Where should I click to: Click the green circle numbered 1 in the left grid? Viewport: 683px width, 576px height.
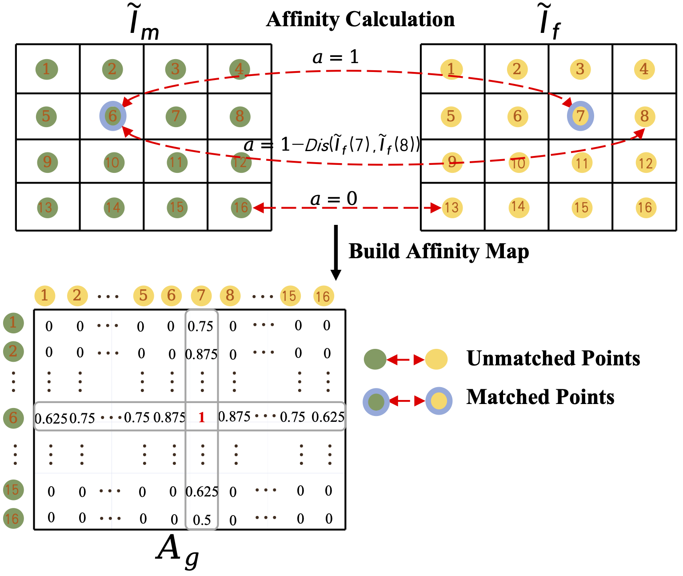click(46, 69)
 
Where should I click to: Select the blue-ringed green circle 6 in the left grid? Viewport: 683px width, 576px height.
click(113, 116)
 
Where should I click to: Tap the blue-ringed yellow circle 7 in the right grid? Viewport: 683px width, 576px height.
click(580, 116)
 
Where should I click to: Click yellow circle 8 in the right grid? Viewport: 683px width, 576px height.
click(644, 116)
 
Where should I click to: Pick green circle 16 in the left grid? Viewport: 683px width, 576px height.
click(241, 208)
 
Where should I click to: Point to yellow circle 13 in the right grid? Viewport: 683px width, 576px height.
click(451, 208)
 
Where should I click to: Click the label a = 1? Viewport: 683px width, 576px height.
click(336, 57)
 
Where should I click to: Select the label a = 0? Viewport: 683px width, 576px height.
click(333, 199)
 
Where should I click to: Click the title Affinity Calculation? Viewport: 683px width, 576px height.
click(360, 20)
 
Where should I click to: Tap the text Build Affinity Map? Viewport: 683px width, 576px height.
click(439, 251)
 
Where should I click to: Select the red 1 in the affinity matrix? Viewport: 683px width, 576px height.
click(202, 417)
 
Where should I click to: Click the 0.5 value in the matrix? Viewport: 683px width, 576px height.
click(202, 520)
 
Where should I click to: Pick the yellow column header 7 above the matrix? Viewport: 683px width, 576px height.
click(201, 296)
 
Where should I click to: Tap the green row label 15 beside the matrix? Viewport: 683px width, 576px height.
click(13, 490)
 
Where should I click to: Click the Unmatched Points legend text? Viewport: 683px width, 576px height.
click(553, 358)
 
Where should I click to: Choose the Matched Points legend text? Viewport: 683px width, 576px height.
click(540, 397)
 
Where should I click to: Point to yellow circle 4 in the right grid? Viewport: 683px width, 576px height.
click(644, 69)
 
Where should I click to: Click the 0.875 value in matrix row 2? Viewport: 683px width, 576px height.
click(201, 354)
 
